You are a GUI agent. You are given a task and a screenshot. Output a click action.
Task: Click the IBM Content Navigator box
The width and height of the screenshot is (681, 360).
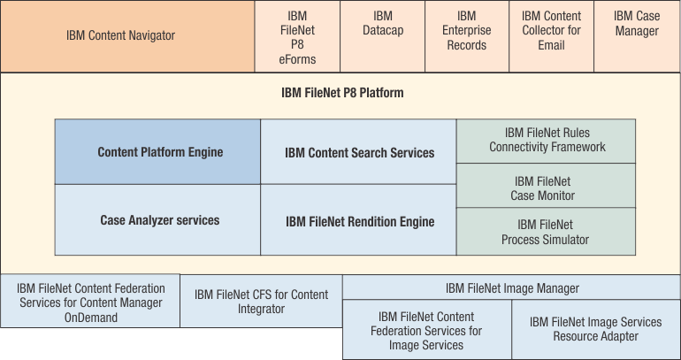(x=127, y=36)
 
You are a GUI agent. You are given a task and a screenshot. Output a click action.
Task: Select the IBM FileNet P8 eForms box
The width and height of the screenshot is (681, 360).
(x=297, y=37)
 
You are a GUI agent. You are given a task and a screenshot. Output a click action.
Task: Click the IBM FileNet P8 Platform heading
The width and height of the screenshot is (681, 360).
(x=342, y=92)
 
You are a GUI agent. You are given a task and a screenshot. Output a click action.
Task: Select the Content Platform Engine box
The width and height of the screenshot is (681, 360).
(x=158, y=152)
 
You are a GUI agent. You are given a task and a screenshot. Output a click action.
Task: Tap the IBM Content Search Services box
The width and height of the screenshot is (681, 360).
(x=359, y=152)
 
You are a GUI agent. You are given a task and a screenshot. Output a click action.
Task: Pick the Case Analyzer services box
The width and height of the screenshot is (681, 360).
(x=158, y=220)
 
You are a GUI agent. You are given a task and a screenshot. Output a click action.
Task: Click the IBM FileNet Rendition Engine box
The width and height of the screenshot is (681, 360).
(x=359, y=221)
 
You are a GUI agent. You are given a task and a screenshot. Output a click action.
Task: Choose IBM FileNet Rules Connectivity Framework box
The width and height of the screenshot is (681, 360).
(x=547, y=140)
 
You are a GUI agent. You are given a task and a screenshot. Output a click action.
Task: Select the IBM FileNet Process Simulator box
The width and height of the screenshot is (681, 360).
(x=545, y=232)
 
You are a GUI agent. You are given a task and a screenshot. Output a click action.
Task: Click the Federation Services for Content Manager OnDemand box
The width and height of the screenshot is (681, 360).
(x=91, y=303)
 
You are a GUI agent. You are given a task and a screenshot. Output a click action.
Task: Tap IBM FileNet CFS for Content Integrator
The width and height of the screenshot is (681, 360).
(x=261, y=302)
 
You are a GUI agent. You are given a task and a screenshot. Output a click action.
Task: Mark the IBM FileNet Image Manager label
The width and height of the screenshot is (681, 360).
(x=512, y=287)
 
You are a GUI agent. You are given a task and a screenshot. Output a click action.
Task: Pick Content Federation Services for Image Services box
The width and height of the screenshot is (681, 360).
(x=426, y=330)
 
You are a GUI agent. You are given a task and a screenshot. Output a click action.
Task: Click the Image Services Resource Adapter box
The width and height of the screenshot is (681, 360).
(x=595, y=329)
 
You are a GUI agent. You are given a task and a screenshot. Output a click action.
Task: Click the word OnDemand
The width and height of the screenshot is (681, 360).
(x=91, y=318)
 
